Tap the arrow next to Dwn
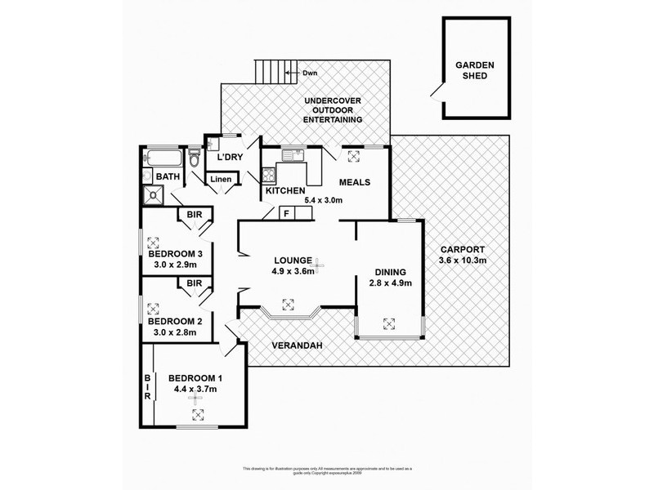point(290,73)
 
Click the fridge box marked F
point(287,214)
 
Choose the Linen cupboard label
point(222,180)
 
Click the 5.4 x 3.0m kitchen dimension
point(322,198)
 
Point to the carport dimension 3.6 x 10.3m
point(463,261)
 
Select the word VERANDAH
point(297,345)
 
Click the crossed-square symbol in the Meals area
point(354,157)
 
